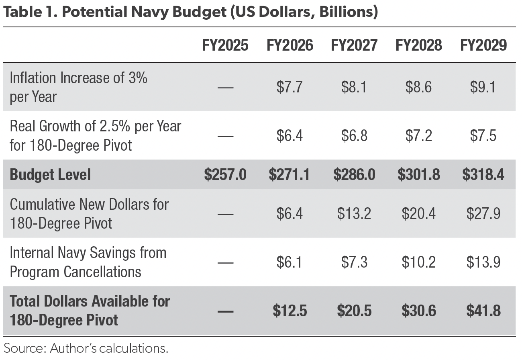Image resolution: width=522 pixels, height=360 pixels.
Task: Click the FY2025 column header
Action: click(x=225, y=45)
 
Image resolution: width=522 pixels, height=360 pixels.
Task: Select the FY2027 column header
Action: click(x=354, y=45)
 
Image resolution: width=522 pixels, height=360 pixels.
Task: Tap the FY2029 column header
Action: click(x=483, y=45)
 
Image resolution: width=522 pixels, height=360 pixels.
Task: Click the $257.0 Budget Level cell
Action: click(x=225, y=175)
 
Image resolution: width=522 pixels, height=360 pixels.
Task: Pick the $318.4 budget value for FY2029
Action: click(x=483, y=175)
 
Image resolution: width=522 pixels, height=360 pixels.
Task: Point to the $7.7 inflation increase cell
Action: click(x=290, y=87)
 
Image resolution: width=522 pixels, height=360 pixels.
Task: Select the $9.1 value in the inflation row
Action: click(x=483, y=87)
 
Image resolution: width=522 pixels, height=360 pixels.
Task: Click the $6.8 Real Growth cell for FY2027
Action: click(x=354, y=136)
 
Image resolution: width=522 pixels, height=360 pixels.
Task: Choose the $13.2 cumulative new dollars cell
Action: click(x=354, y=214)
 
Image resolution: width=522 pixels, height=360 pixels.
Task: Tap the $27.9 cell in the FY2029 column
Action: click(x=483, y=214)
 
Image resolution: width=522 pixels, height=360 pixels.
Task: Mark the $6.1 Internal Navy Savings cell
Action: click(x=290, y=262)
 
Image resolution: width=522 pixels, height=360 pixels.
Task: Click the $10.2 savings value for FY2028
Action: click(x=419, y=262)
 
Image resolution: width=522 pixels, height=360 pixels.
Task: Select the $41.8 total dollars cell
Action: click(x=483, y=311)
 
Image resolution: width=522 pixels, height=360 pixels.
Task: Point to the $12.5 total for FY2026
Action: click(x=290, y=311)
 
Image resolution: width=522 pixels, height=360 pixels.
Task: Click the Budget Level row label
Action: click(x=50, y=175)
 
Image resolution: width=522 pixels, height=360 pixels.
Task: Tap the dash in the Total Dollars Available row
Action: click(x=225, y=311)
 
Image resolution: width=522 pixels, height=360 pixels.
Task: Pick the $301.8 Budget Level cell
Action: click(x=419, y=175)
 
